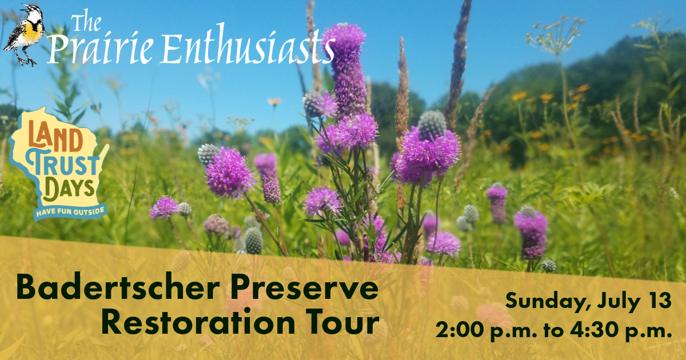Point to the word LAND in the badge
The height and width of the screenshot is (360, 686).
(x=55, y=138)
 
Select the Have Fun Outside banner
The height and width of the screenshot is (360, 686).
(x=71, y=211)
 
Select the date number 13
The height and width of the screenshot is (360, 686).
(x=658, y=301)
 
